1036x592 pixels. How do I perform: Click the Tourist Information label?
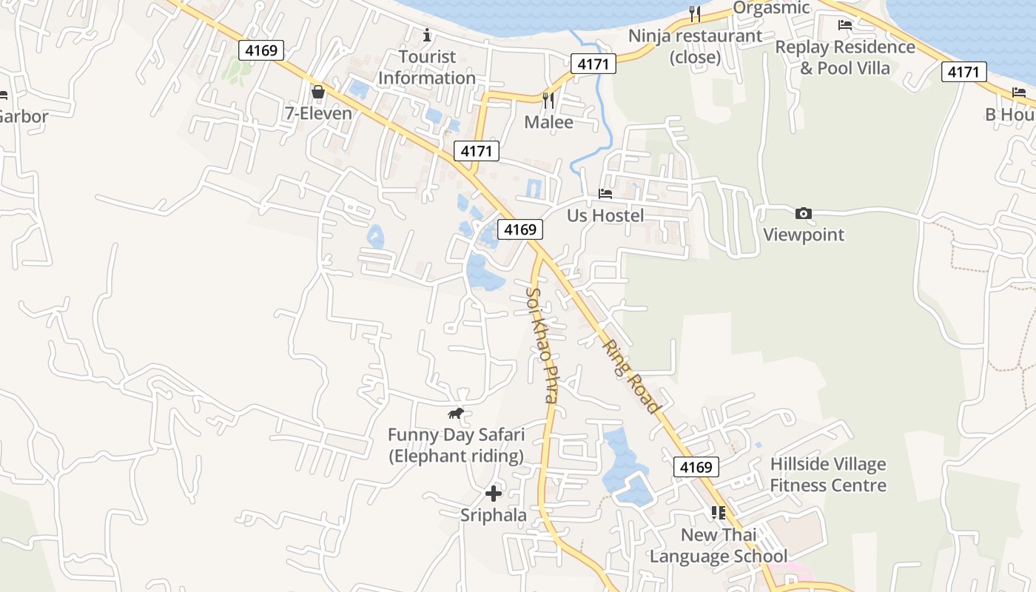(x=427, y=67)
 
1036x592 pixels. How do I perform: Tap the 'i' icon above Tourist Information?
(x=426, y=35)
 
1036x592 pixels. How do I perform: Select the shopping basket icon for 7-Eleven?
(x=318, y=92)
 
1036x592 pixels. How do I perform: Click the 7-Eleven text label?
(x=318, y=114)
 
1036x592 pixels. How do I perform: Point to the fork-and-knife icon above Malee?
(x=548, y=100)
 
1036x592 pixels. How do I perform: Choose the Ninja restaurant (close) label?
(x=695, y=46)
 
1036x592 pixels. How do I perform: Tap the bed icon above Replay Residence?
(x=845, y=25)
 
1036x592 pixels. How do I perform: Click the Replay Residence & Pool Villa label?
(x=845, y=57)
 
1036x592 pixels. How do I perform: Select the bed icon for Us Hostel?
(x=605, y=194)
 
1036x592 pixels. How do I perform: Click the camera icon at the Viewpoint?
(x=803, y=214)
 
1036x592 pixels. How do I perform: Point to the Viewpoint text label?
(x=803, y=235)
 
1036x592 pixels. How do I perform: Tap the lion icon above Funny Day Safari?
(x=456, y=413)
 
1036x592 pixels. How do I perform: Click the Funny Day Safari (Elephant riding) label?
(x=456, y=445)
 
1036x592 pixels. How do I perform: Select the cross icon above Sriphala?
(x=494, y=494)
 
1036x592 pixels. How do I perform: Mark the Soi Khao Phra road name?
(x=541, y=345)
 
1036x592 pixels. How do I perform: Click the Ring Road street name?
(x=630, y=377)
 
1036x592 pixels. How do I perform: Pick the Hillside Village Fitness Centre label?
(x=828, y=475)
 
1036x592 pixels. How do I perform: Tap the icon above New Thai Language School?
(x=718, y=512)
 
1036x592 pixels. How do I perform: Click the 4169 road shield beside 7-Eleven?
(x=261, y=50)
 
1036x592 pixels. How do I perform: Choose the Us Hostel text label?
(x=605, y=215)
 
